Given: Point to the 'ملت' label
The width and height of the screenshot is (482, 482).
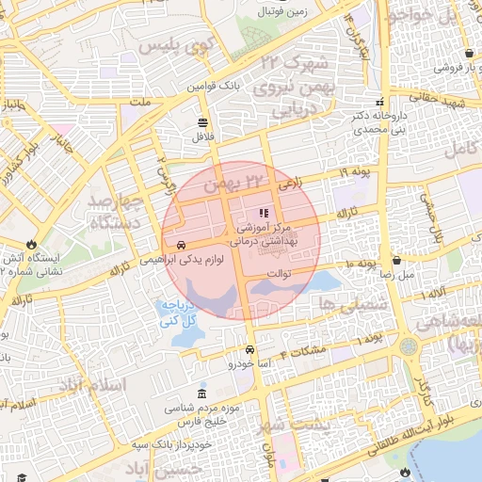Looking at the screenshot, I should [141, 102].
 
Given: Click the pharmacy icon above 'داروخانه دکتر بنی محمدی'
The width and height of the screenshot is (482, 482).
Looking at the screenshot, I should [378, 103].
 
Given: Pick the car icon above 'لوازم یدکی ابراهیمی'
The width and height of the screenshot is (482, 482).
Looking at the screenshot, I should [181, 243].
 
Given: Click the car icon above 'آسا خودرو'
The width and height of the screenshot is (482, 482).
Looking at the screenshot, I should [249, 348].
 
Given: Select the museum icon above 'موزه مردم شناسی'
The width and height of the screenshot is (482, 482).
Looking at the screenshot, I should [203, 394].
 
